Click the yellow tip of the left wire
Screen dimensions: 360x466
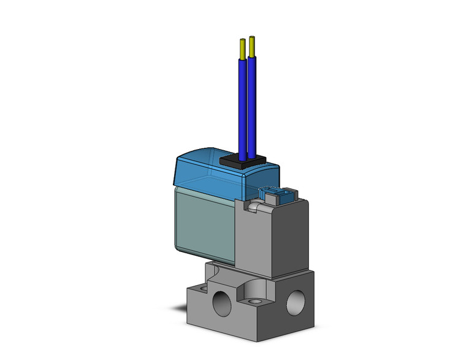243,48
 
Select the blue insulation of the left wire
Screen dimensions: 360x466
243,104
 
